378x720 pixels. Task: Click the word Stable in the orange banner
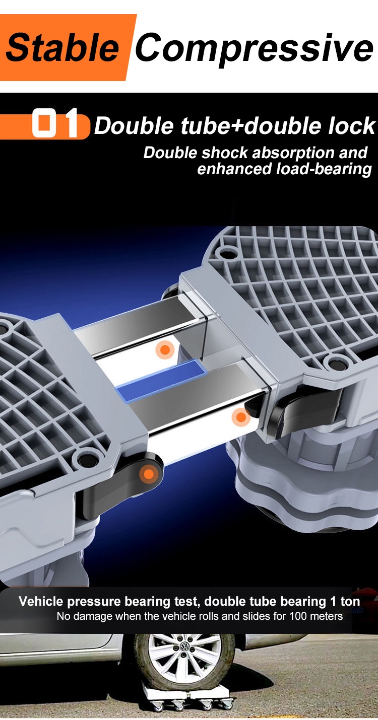point(62,47)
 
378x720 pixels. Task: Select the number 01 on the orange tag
point(55,123)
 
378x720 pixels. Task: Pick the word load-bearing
point(324,169)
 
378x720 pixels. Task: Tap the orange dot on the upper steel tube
point(165,350)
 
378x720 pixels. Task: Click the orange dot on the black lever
point(148,474)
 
